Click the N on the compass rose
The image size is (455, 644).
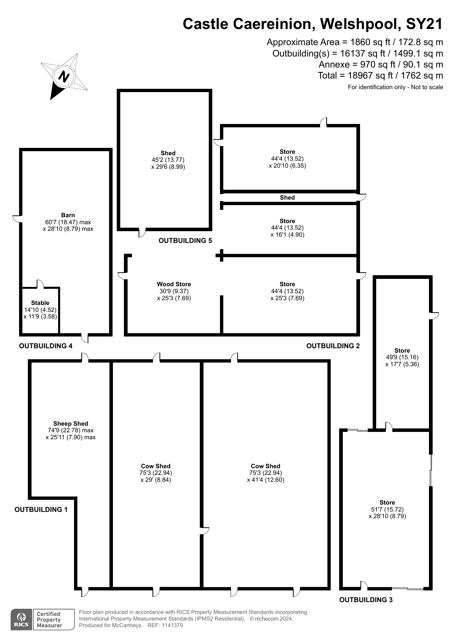[64, 77]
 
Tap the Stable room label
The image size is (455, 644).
[40, 303]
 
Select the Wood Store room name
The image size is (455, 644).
[174, 284]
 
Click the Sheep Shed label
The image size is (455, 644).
[71, 423]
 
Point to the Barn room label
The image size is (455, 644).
[68, 215]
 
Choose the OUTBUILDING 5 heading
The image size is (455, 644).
[185, 241]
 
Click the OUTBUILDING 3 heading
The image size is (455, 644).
[366, 600]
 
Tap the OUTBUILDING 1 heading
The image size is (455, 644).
[41, 509]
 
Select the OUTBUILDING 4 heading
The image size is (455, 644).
[46, 346]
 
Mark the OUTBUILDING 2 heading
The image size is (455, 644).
[333, 346]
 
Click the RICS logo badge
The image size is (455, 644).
[21, 620]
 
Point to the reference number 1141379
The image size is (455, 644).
[170, 625]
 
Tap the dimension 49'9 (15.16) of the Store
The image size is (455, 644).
[402, 357]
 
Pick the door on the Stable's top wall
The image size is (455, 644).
[40, 284]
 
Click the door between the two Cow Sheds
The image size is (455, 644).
[205, 531]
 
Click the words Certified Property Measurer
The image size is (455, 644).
[49, 620]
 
